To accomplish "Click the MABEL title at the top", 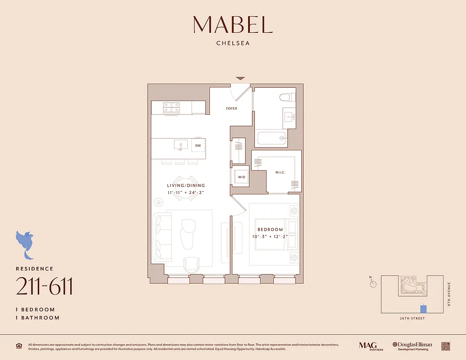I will (x=233, y=25).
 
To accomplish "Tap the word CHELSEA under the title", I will (x=233, y=44).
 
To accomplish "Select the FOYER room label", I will (x=231, y=108).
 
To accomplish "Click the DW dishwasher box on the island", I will (x=198, y=145).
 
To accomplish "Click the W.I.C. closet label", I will (x=281, y=172).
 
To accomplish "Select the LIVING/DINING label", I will (x=186, y=185).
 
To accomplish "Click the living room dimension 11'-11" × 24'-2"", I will (x=186, y=192).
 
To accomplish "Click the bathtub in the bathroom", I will (x=271, y=138).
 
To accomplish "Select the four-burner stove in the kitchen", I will (x=172, y=107).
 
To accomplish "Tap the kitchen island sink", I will (x=181, y=145).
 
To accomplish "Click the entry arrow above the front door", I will (x=240, y=78).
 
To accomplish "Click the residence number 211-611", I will (x=44, y=287).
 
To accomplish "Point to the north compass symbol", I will (x=372, y=283).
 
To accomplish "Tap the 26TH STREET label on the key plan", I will (x=412, y=319).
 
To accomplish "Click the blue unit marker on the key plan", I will (x=423, y=309).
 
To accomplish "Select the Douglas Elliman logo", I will (x=412, y=346).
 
